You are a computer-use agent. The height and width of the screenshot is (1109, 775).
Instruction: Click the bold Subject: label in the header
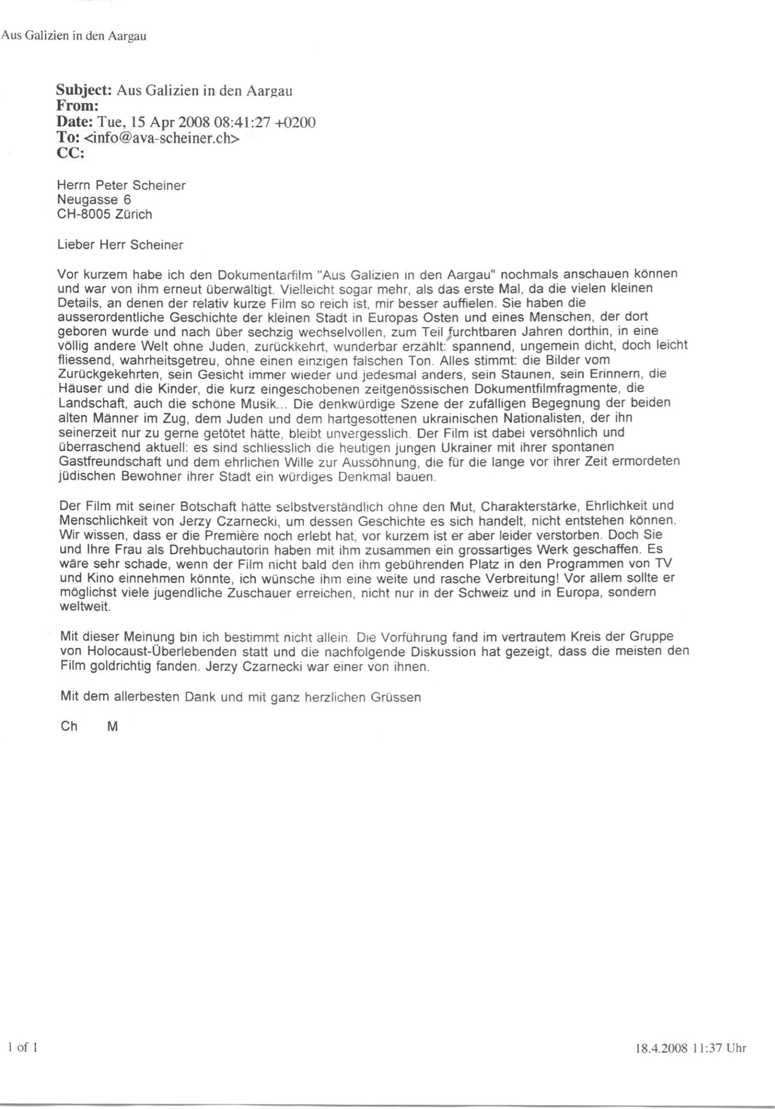(85, 91)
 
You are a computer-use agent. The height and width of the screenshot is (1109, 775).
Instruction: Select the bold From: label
(78, 106)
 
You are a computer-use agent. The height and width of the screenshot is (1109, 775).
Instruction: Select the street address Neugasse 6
(94, 200)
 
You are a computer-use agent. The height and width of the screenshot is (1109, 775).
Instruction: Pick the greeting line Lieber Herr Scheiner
(120, 245)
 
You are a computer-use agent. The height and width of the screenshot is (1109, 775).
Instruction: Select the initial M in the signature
(112, 727)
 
